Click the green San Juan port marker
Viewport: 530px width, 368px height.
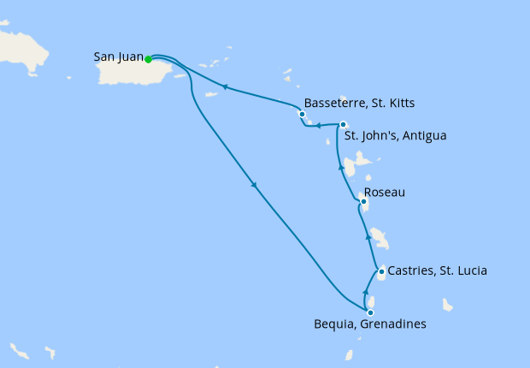(148, 59)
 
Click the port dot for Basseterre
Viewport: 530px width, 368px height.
(302, 114)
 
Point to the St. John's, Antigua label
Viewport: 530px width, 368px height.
(394, 135)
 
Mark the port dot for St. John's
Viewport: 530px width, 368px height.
(343, 125)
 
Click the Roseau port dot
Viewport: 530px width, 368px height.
(364, 202)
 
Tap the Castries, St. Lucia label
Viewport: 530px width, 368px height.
(437, 271)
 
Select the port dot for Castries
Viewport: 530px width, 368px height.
(381, 271)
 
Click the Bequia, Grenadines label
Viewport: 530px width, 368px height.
(368, 324)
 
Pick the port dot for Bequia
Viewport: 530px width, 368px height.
(370, 312)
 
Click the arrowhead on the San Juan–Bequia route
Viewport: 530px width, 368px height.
(255, 187)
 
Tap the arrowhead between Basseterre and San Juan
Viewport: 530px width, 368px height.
(225, 86)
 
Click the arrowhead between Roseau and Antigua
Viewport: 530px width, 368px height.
(342, 169)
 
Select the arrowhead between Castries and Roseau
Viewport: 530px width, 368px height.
(368, 235)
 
